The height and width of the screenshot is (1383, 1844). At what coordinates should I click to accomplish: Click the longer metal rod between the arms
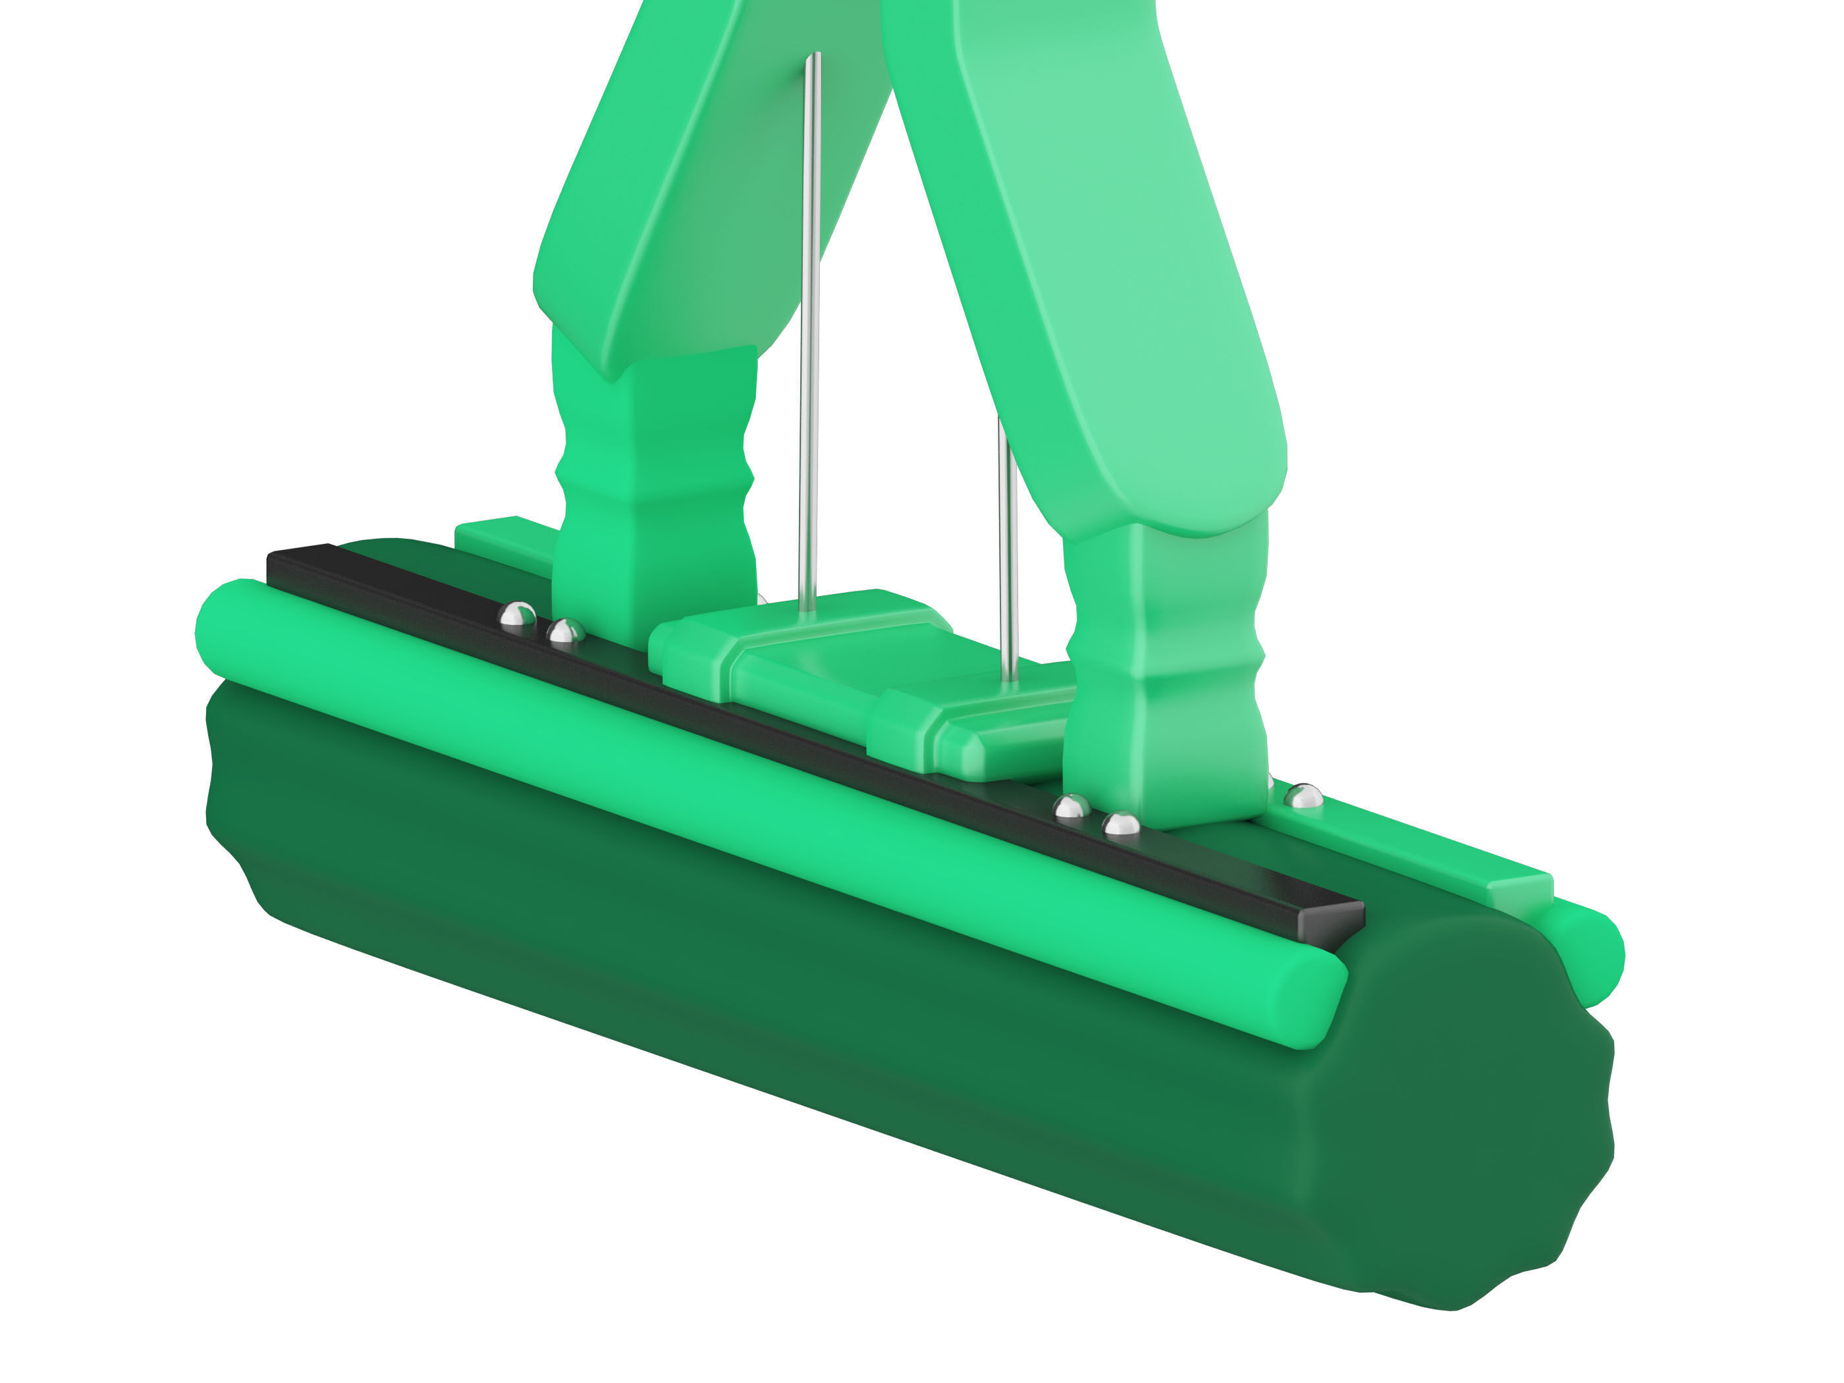[809, 333]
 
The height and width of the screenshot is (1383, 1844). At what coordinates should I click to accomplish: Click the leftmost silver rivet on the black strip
[517, 616]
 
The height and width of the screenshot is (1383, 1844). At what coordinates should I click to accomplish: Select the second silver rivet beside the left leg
[566, 631]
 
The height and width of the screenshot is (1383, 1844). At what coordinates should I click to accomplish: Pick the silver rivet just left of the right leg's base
[1071, 806]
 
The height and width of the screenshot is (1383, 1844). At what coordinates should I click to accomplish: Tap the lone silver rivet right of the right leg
[1304, 796]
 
